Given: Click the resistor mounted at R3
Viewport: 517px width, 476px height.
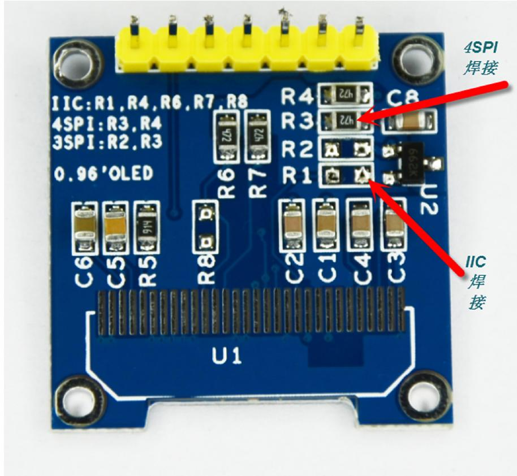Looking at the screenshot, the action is point(346,120).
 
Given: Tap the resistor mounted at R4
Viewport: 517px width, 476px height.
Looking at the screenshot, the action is point(346,96).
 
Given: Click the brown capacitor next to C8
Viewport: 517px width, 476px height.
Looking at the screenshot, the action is point(409,122).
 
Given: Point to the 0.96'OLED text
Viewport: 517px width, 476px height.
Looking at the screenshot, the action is point(104,174).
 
